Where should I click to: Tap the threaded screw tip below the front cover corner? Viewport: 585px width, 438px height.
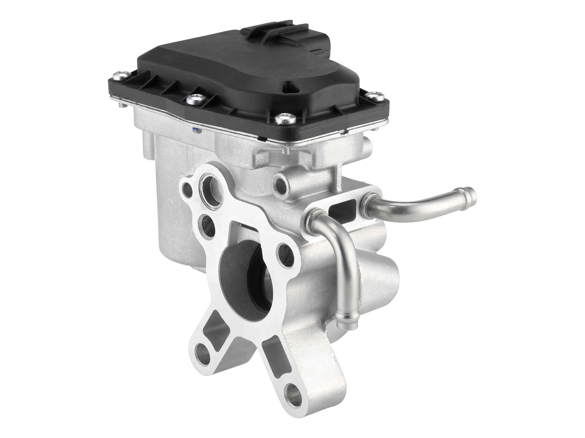pyautogui.click(x=286, y=151)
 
